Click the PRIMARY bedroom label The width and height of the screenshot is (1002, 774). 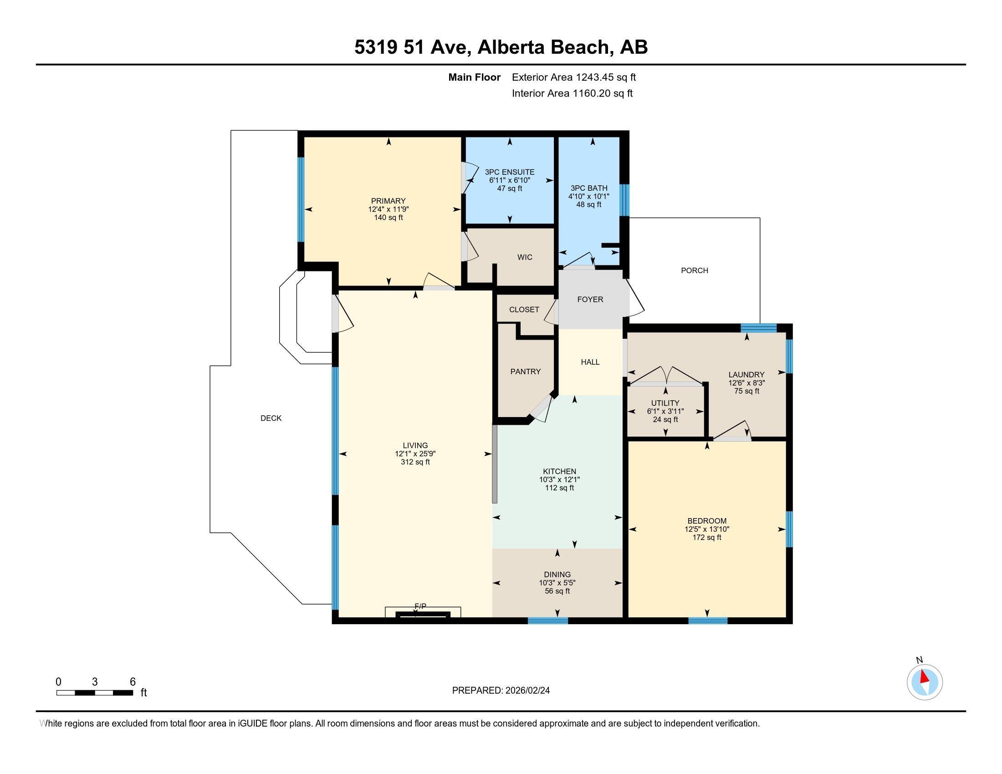pyautogui.click(x=388, y=201)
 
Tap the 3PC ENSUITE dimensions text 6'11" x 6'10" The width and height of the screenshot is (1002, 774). pyautogui.click(x=509, y=180)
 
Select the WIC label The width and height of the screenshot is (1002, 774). pyautogui.click(x=524, y=257)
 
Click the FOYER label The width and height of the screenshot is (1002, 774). pyautogui.click(x=590, y=300)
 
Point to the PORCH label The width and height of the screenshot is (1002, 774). pyautogui.click(x=694, y=270)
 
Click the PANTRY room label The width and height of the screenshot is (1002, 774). pyautogui.click(x=525, y=372)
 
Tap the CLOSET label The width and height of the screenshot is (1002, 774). pyautogui.click(x=524, y=310)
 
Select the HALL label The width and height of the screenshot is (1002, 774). pyautogui.click(x=590, y=362)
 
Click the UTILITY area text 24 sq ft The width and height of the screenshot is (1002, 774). pyautogui.click(x=665, y=420)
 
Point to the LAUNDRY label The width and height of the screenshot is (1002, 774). pyautogui.click(x=746, y=375)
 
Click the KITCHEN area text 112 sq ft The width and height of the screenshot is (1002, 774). pyautogui.click(x=559, y=488)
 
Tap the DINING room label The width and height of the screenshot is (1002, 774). pyautogui.click(x=557, y=575)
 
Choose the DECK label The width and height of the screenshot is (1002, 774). pyautogui.click(x=271, y=418)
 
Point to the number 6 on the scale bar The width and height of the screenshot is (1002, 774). pyautogui.click(x=133, y=682)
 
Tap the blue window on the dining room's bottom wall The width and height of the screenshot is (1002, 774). pyautogui.click(x=548, y=621)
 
